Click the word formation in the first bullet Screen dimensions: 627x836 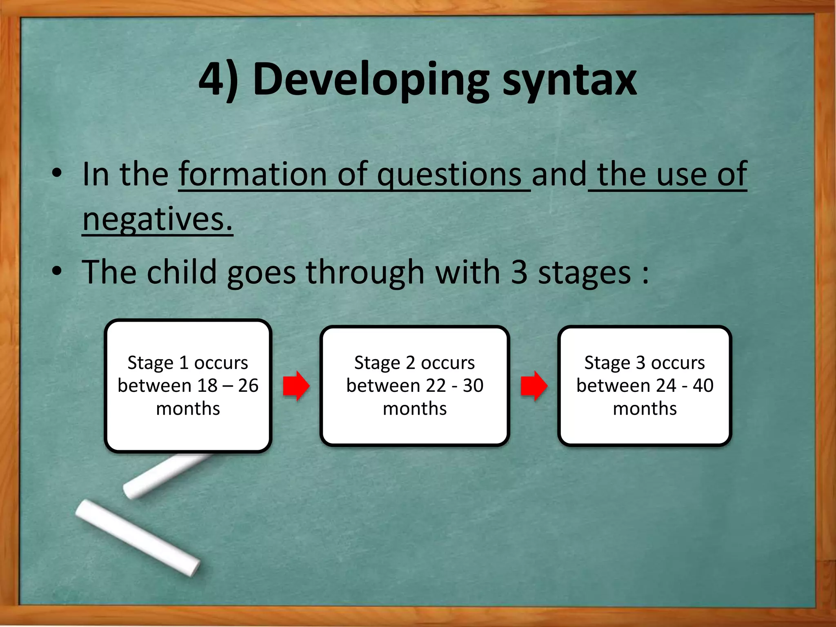click(x=253, y=175)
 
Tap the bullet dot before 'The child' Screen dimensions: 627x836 click(x=57, y=271)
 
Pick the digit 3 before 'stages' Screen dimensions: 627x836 click(x=519, y=272)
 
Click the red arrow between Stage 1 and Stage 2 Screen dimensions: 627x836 click(x=296, y=386)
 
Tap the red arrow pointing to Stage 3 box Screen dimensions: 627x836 click(x=534, y=386)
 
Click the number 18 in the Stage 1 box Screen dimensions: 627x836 click(x=207, y=386)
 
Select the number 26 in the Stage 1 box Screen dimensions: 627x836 click(x=248, y=386)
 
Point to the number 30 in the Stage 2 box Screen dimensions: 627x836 click(x=473, y=386)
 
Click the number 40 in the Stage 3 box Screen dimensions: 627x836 click(x=703, y=386)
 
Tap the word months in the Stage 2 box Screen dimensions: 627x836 click(x=415, y=409)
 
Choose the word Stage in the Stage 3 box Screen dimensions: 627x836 click(x=607, y=363)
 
